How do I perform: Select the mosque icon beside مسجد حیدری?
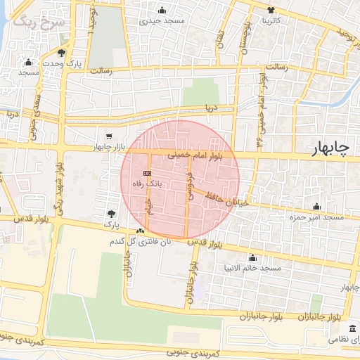coord(162,10)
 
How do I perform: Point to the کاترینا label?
coord(272,20)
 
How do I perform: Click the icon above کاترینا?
coord(272,10)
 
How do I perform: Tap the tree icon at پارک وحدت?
coord(63,53)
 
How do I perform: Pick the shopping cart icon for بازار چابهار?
coord(108,136)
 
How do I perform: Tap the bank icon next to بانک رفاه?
coord(147,172)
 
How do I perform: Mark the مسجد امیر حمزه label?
coord(319,217)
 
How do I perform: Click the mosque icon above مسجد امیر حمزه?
coord(317,207)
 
